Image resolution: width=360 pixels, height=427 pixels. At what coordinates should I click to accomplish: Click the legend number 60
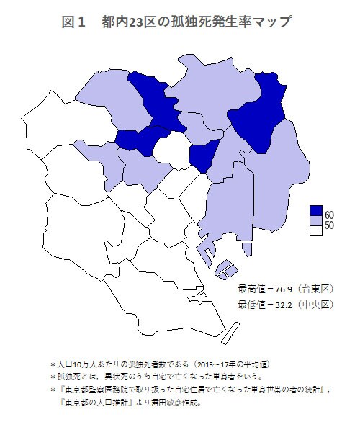click(329, 215)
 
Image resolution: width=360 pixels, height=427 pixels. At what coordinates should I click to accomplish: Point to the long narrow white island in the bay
click(235, 335)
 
